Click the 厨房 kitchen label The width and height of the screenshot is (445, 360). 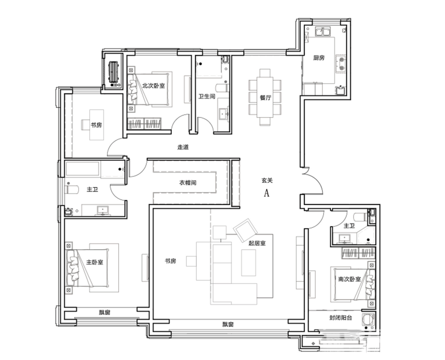click(x=319, y=58)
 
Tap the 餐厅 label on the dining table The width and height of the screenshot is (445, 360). click(x=266, y=98)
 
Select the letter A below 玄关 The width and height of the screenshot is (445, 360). click(x=267, y=193)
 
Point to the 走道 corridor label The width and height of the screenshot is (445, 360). click(x=183, y=147)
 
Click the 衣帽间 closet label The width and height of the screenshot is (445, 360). click(x=188, y=182)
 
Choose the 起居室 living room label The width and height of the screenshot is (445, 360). click(x=257, y=243)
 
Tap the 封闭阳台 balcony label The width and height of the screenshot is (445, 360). click(x=341, y=317)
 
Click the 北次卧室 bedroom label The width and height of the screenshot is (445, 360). click(x=153, y=86)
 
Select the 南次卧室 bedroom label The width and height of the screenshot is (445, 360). click(x=350, y=279)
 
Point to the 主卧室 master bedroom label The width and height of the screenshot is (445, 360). click(x=94, y=262)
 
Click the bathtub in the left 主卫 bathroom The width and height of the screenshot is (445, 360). click(x=83, y=169)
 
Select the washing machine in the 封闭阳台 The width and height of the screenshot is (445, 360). click(x=368, y=319)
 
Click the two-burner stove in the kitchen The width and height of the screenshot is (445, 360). click(x=341, y=64)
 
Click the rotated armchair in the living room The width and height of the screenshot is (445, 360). click(x=246, y=229)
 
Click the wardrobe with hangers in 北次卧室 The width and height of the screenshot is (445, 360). click(x=144, y=124)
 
